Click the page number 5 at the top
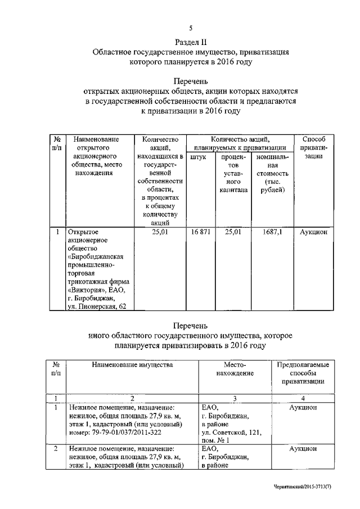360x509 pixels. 191,28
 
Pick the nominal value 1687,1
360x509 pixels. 273,231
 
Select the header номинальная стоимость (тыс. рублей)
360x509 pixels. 273,173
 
